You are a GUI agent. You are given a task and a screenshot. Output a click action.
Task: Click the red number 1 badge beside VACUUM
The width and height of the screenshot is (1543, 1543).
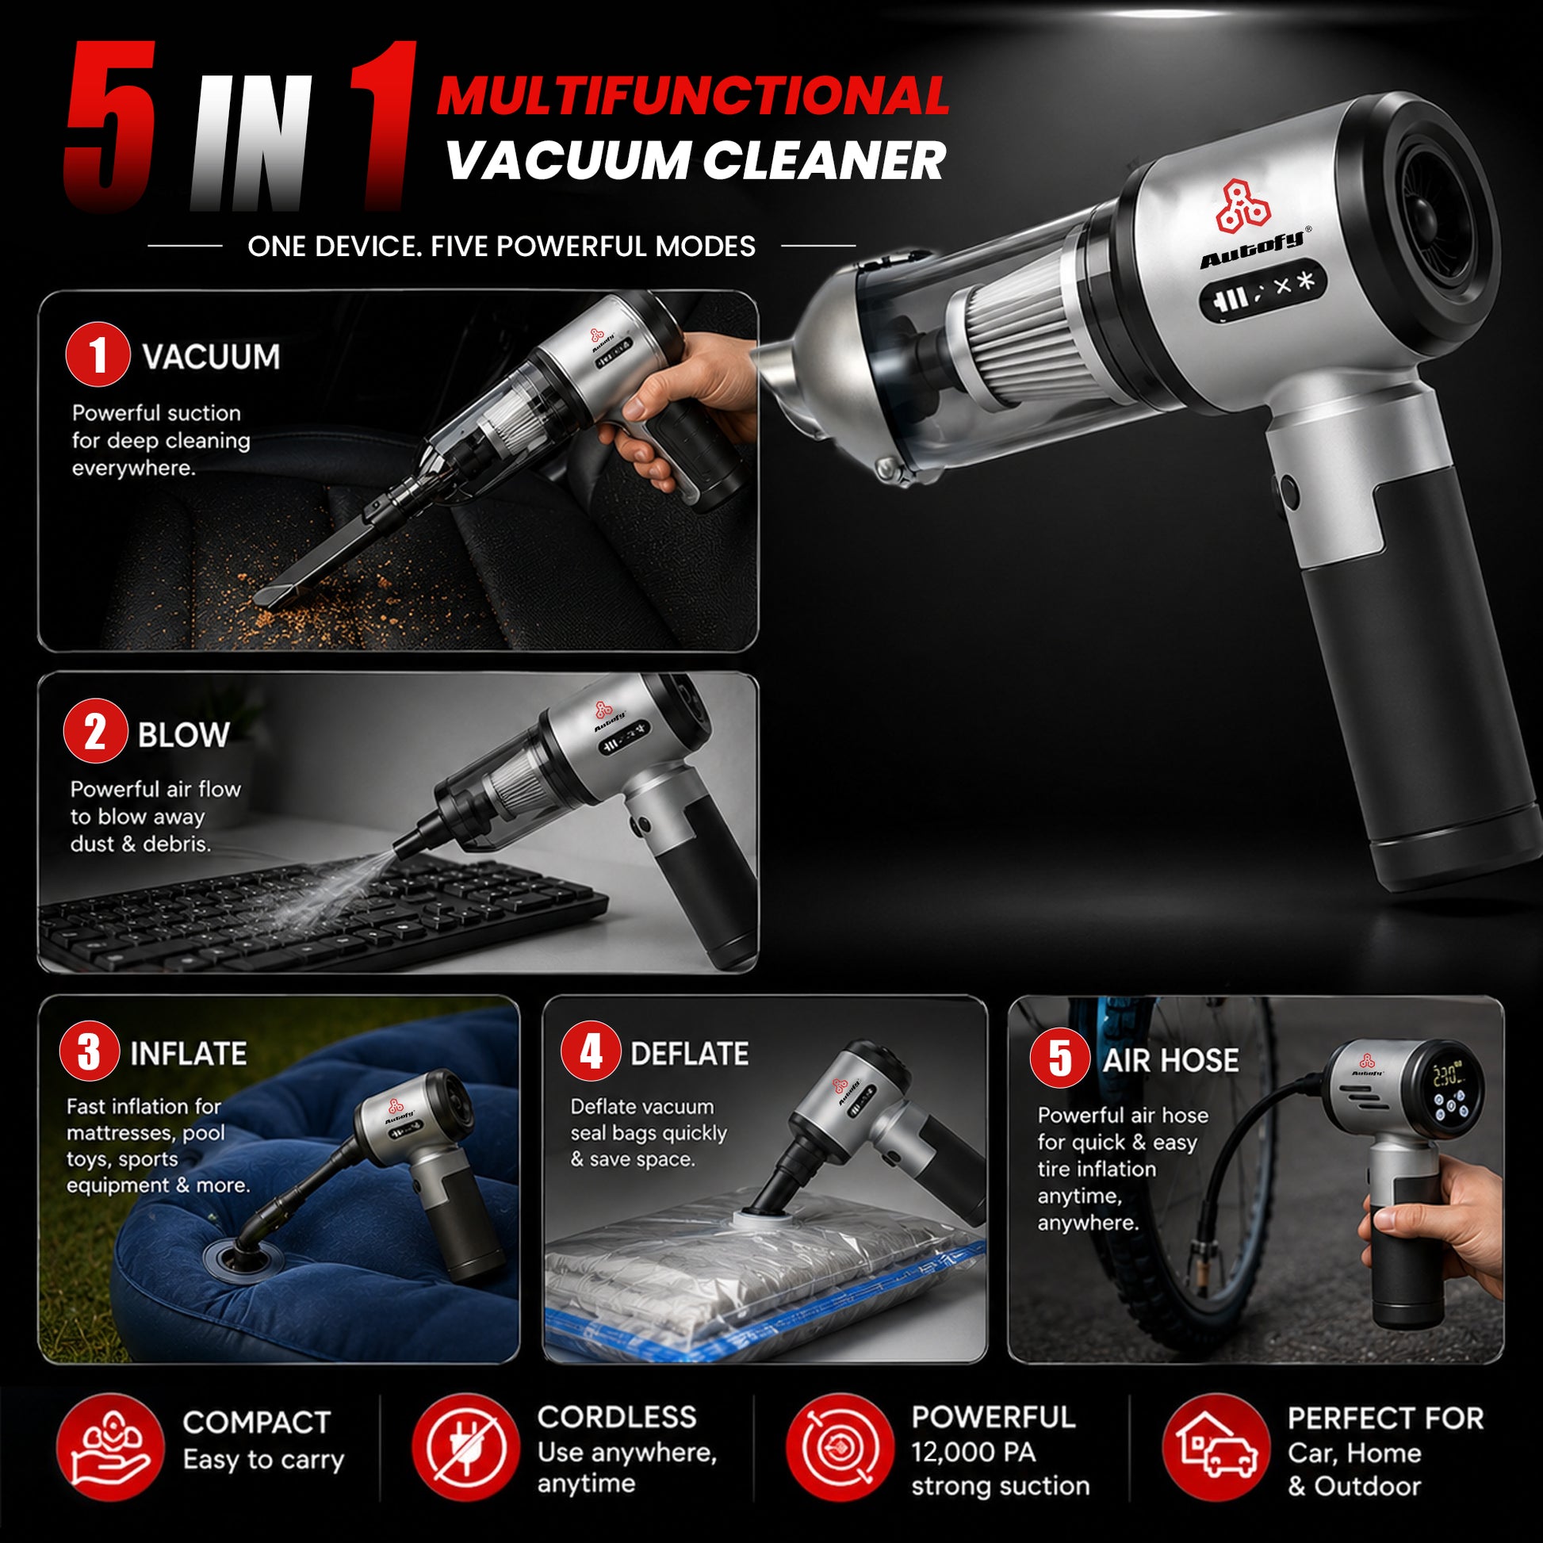point(98,354)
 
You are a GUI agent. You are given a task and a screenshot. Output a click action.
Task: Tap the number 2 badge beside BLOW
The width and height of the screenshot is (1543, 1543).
point(95,731)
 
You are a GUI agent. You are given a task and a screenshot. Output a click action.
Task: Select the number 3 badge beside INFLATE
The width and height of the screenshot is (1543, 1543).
point(90,1051)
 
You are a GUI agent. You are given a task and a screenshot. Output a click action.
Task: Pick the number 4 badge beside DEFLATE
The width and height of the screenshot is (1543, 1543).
point(590,1051)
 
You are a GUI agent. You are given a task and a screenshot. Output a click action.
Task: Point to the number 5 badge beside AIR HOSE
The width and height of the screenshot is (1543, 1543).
point(1060,1058)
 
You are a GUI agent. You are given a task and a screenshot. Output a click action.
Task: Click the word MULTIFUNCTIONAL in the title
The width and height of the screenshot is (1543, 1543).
point(692,96)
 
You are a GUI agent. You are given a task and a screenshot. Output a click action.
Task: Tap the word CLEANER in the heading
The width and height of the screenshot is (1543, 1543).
point(823,160)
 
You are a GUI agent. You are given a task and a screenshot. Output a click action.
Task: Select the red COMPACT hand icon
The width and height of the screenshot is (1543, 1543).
point(110,1447)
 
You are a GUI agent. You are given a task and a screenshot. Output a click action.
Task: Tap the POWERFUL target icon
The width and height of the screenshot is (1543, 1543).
point(840,1447)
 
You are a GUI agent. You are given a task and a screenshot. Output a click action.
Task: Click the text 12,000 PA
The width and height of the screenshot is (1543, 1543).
point(973,1452)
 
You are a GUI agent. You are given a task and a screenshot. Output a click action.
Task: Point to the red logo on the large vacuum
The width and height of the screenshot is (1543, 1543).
point(1242,207)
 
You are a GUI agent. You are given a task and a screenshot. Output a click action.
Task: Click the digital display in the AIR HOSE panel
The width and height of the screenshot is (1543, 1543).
point(1447,1089)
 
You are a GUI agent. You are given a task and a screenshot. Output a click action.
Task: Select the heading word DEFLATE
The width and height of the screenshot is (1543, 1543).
point(689,1054)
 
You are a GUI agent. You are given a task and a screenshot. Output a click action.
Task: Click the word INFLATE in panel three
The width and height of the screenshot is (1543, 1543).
point(189,1054)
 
